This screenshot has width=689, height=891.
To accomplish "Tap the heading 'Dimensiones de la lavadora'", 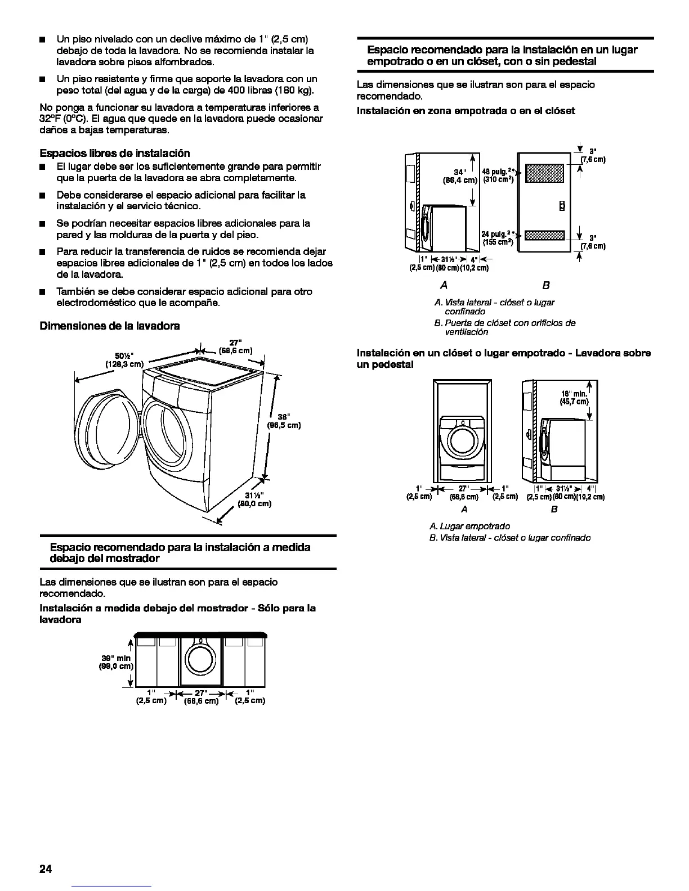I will (110, 326).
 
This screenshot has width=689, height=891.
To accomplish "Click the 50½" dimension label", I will (123, 355).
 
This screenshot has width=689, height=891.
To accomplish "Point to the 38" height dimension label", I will (283, 417).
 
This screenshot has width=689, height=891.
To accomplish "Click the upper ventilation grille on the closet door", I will (543, 174).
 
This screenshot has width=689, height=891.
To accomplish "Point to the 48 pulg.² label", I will (497, 171).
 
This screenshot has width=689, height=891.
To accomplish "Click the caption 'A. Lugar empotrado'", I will (469, 526).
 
